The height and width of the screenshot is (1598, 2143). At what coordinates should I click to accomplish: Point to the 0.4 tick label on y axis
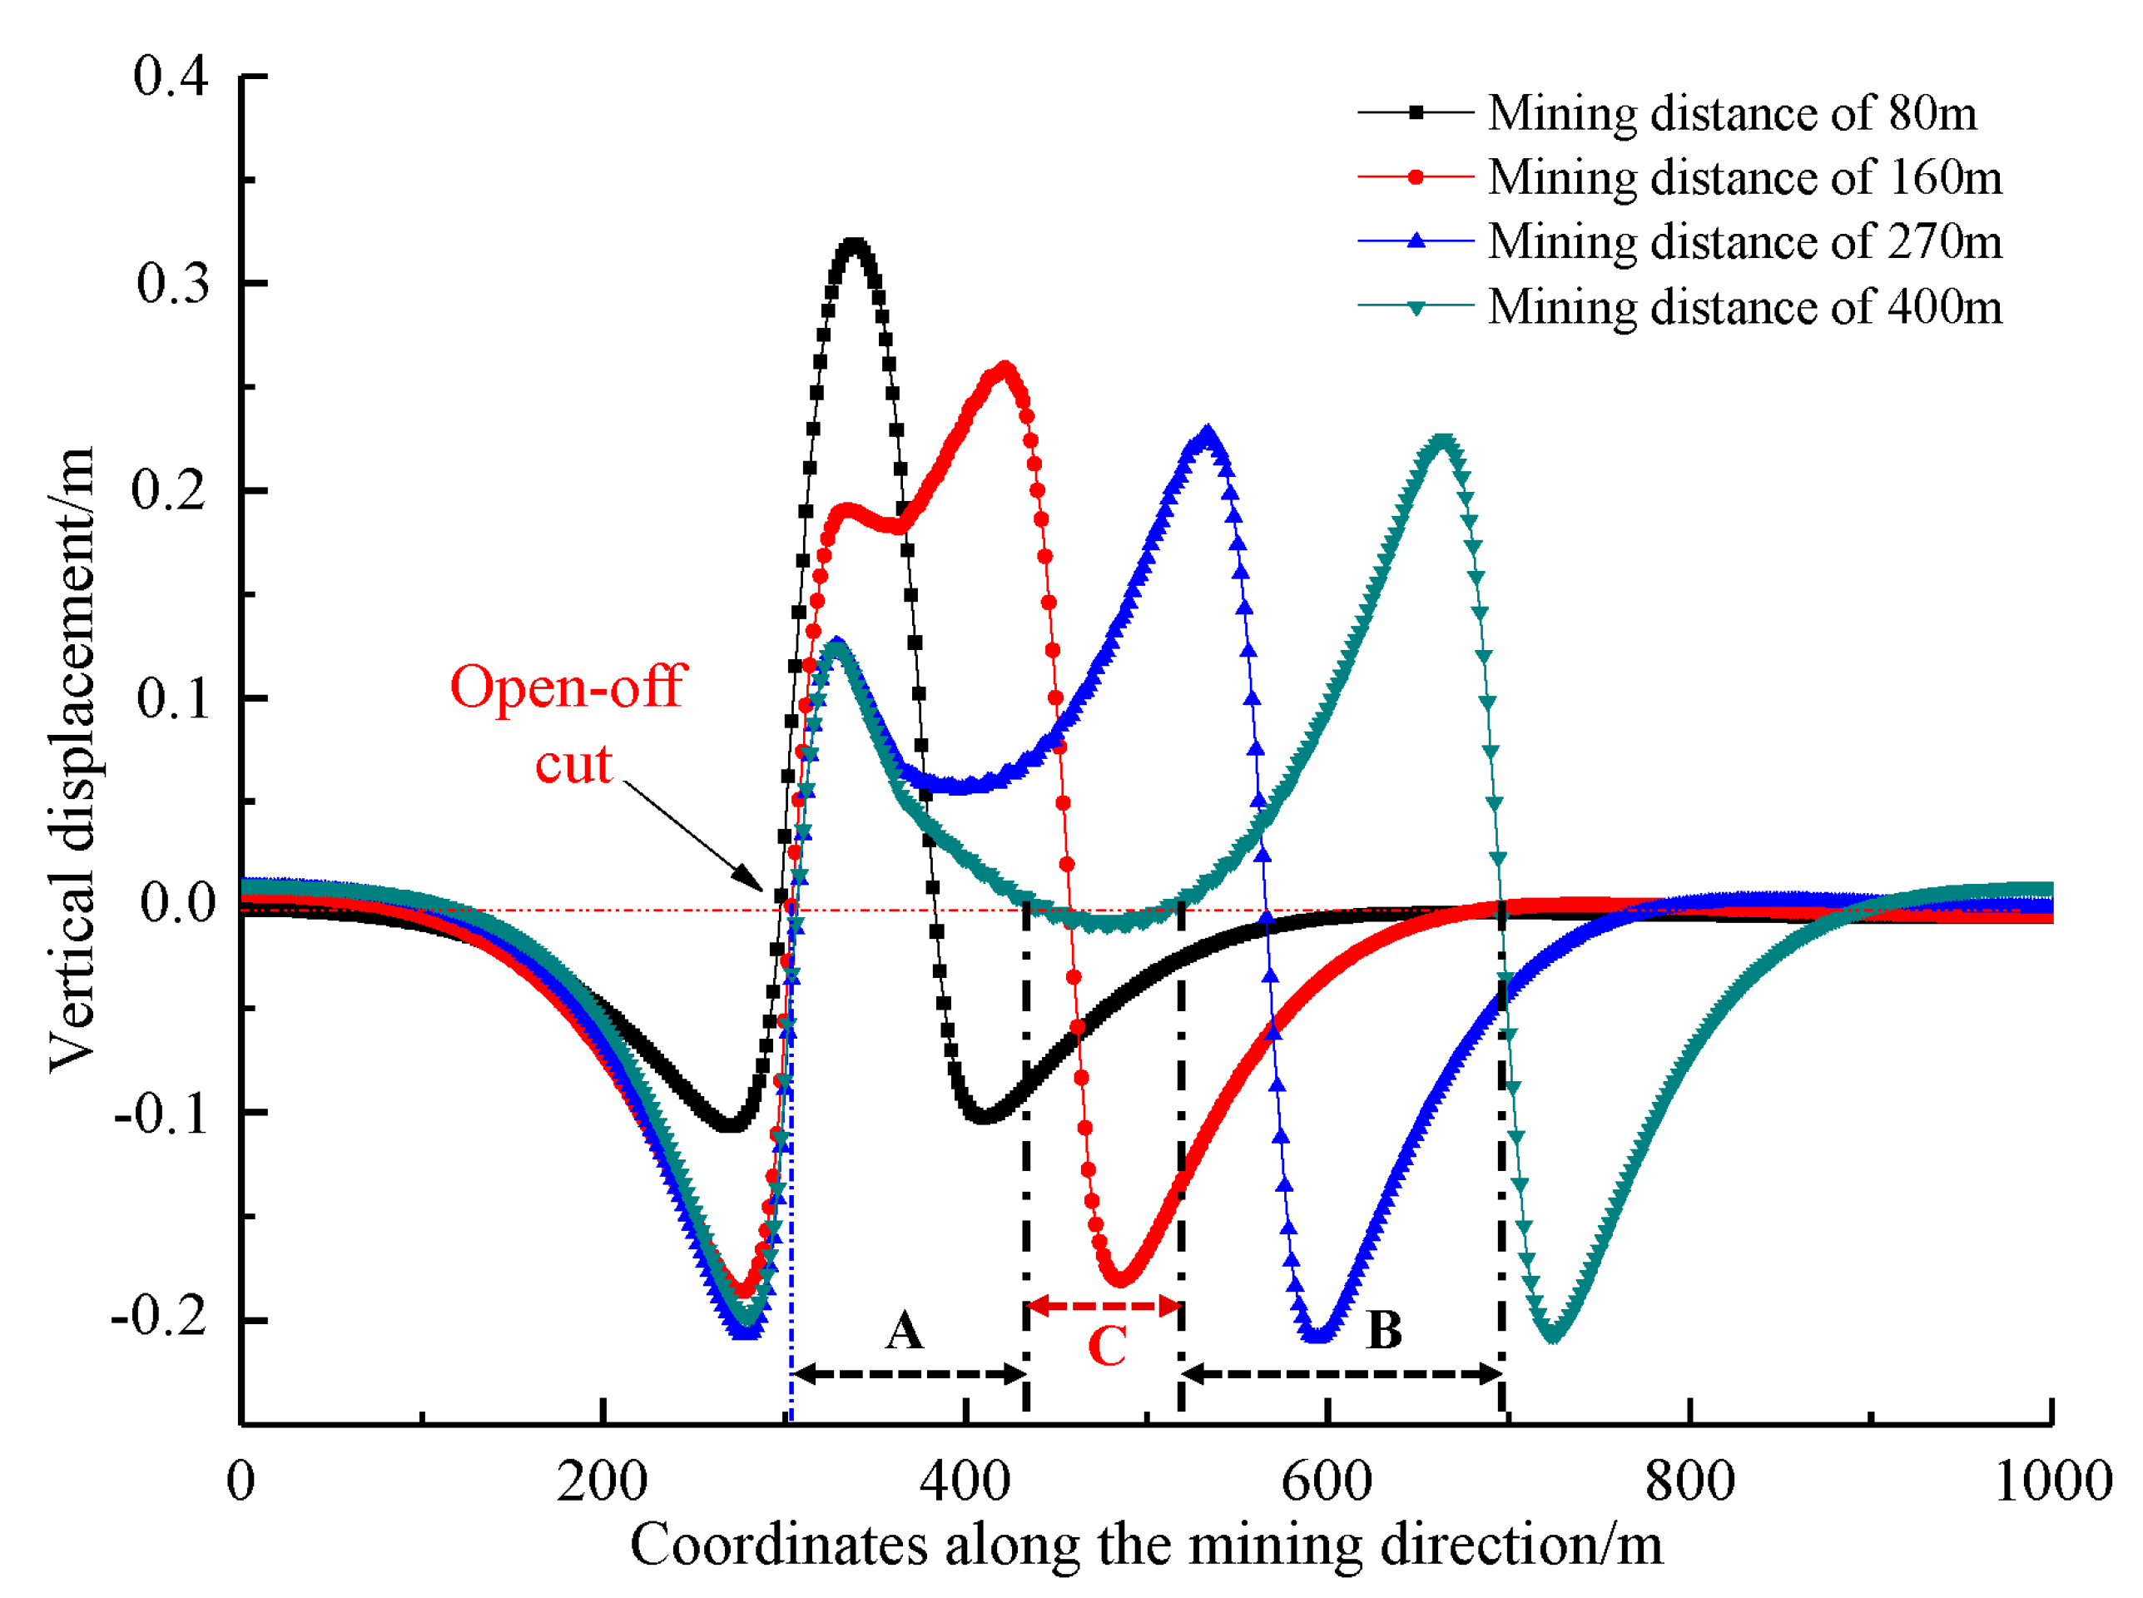(171, 77)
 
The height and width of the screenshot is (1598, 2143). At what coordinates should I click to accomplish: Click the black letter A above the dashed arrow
(904, 1331)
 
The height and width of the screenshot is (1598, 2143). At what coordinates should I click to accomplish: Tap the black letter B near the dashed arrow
(1384, 1331)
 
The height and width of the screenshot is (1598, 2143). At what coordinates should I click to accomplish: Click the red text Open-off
(568, 687)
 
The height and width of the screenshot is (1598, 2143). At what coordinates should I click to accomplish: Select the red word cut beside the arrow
(573, 765)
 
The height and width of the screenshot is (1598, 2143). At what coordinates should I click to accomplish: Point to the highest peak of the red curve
(1005, 369)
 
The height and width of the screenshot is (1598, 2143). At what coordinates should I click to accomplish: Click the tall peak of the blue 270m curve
(1206, 433)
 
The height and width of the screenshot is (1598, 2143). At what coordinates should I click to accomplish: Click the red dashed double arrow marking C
(1104, 1307)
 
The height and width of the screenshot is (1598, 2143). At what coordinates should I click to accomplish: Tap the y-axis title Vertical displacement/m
(72, 759)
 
